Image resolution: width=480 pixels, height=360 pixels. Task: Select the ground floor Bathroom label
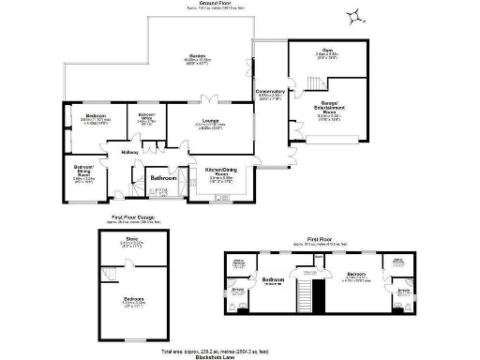164,175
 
